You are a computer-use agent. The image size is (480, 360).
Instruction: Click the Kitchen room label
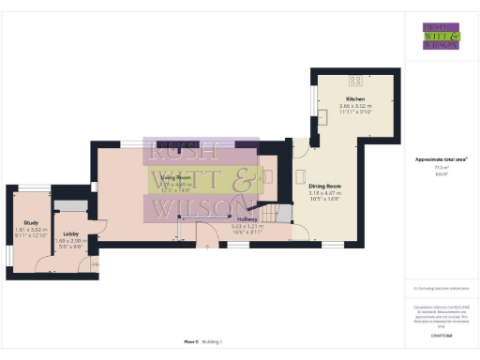coord(354,98)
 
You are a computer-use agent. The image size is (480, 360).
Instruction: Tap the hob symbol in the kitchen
coord(356,78)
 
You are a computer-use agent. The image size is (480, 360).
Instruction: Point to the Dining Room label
coord(324,187)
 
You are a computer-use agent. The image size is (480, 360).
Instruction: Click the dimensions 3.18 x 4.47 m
coord(324,194)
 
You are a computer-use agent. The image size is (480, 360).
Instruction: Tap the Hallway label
coord(246,219)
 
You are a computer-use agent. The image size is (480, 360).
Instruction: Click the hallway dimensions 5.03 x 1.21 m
coord(246,226)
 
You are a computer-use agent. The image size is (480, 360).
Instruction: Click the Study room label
coord(30,222)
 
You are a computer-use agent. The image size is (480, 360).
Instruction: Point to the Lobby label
coord(70,234)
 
